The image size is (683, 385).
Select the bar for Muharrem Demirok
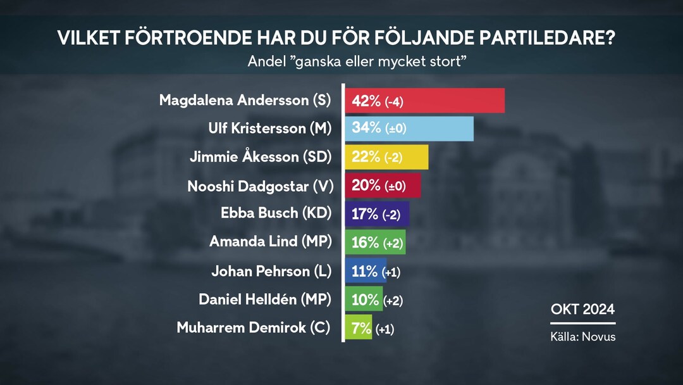click(359, 329)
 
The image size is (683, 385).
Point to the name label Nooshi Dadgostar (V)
click(259, 186)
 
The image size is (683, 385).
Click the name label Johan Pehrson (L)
click(271, 272)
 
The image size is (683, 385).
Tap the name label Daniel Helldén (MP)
click(265, 300)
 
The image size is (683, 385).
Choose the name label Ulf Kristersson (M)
click(269, 129)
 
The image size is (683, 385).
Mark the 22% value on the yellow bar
click(366, 157)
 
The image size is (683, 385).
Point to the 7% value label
click(361, 329)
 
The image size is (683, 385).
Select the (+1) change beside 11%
click(391, 272)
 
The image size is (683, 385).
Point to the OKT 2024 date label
click(582, 310)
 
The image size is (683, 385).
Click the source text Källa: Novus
click(582, 337)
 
